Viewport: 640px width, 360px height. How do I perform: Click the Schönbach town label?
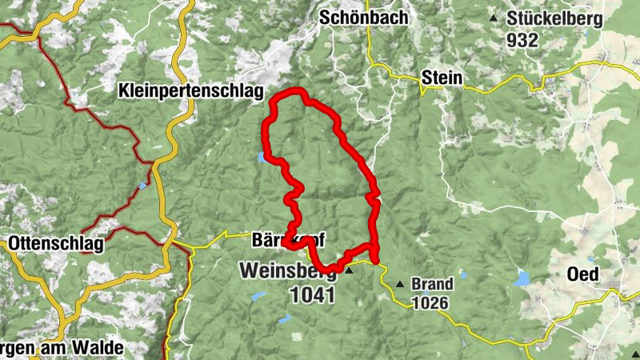[x=363, y=18]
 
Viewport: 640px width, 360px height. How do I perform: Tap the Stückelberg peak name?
[x=549, y=18]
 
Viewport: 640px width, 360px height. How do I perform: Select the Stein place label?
[x=442, y=77]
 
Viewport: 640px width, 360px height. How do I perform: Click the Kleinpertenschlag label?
[x=190, y=90]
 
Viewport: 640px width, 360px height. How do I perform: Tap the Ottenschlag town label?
[x=56, y=244]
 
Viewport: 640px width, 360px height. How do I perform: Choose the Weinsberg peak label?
[x=286, y=271]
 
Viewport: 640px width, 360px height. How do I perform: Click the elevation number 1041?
[x=309, y=293]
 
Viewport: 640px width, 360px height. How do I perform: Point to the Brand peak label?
[x=432, y=284]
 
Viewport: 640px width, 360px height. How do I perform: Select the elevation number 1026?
[x=432, y=303]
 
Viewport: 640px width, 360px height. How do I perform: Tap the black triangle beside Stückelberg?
[x=494, y=18]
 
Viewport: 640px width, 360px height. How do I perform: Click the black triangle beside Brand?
[x=399, y=284]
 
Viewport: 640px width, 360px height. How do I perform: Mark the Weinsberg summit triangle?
[x=349, y=270]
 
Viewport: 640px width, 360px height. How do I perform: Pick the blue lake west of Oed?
[x=523, y=278]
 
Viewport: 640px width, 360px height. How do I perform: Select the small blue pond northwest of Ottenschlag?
[x=142, y=186]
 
